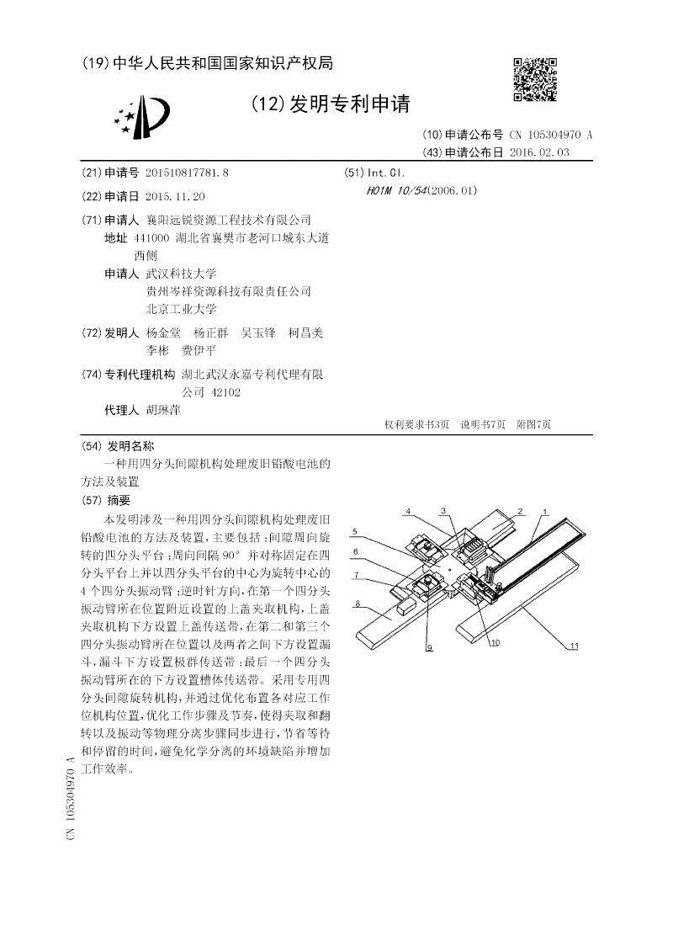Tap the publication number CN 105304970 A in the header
(x=550, y=135)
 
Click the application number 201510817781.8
(x=187, y=173)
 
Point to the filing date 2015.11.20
(x=175, y=196)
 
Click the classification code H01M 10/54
(x=396, y=190)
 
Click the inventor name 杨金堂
(x=163, y=332)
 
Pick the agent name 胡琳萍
(x=163, y=410)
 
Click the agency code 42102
(x=225, y=392)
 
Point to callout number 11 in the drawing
(x=574, y=646)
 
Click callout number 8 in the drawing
(x=358, y=604)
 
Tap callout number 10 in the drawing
(x=495, y=642)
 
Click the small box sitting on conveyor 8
(x=407, y=605)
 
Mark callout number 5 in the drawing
(x=357, y=531)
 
